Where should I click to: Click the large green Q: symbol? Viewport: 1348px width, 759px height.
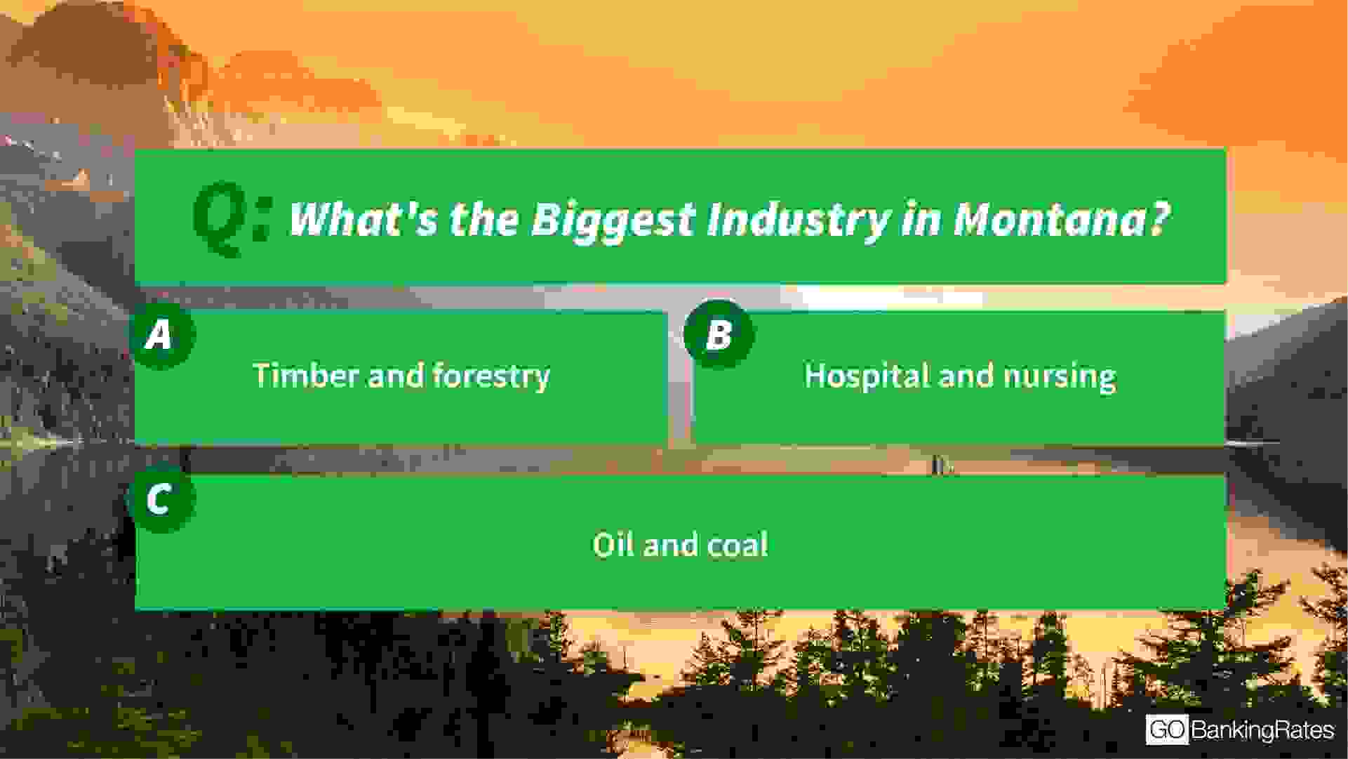(232, 218)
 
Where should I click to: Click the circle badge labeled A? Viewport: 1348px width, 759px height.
(161, 334)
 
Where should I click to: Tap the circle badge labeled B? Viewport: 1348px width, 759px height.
(719, 334)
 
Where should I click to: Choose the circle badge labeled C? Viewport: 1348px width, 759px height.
(161, 500)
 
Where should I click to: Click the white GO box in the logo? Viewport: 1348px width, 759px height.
(1167, 730)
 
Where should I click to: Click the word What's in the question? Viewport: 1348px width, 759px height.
(363, 219)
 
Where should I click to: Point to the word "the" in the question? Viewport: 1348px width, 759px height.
(484, 219)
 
